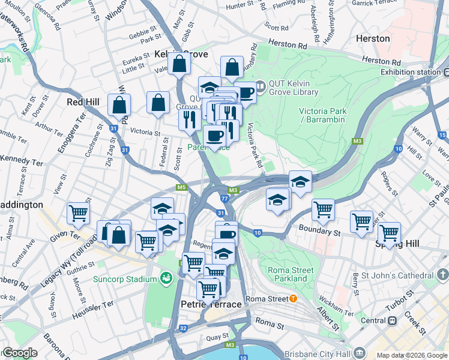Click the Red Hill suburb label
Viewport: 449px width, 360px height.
tap(83, 102)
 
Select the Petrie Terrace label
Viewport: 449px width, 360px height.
tap(211, 305)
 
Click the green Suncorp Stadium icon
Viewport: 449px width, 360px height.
tap(166, 278)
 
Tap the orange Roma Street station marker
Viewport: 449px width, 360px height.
tap(293, 299)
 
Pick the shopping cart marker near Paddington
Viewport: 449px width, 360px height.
tap(78, 213)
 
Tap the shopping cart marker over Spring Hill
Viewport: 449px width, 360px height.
tap(389, 232)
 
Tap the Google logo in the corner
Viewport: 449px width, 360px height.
tap(20, 353)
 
